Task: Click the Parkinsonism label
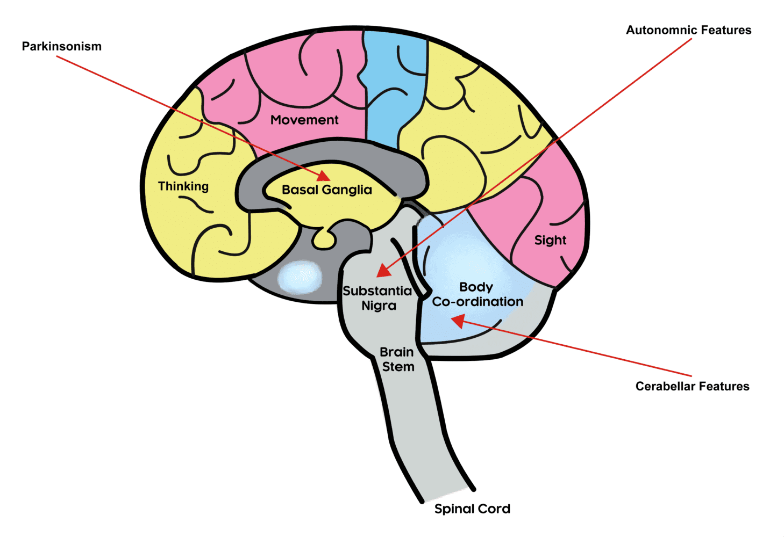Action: (x=61, y=46)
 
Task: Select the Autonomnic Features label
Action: (x=688, y=30)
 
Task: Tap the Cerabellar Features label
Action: (x=692, y=386)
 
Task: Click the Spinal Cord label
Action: (x=472, y=509)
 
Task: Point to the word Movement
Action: (x=304, y=120)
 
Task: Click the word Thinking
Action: (x=183, y=186)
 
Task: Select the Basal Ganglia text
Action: (x=326, y=190)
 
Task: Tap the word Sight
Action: (x=550, y=240)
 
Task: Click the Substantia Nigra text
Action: (x=378, y=298)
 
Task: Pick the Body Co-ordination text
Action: (x=477, y=294)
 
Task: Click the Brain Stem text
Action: (x=397, y=359)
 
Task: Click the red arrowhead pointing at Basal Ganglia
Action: (x=323, y=176)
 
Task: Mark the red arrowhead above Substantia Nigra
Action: (x=383, y=270)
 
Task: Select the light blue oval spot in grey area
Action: (x=300, y=278)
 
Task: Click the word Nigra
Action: (x=379, y=306)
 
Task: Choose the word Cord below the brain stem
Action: (x=492, y=509)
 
